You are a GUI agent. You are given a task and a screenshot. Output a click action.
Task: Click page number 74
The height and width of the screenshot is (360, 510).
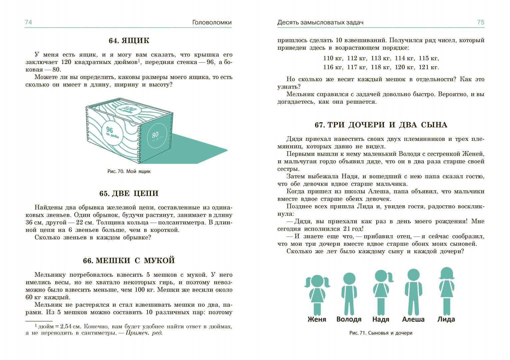(28, 22)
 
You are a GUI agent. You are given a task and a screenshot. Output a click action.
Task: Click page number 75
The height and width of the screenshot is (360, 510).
(480, 22)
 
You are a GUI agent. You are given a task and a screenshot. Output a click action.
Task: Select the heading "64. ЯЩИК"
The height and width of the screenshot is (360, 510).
(129, 41)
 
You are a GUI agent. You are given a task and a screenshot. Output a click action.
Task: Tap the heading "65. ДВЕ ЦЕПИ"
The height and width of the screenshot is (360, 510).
(129, 193)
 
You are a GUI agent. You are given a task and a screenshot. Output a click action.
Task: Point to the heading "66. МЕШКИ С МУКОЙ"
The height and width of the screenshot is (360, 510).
(129, 260)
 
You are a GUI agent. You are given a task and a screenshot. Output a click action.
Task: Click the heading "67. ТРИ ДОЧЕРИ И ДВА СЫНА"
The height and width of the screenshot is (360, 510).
(381, 125)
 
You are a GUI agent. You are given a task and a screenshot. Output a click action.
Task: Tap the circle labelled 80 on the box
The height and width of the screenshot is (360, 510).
(156, 135)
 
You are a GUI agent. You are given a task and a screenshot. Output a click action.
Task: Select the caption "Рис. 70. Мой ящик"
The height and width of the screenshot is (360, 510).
(129, 171)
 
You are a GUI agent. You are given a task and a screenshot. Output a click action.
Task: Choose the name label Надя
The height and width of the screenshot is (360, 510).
(381, 319)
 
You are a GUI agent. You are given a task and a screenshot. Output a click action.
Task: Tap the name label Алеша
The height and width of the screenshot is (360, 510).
(413, 319)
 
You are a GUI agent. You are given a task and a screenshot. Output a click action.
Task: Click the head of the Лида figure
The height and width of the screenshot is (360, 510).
(446, 273)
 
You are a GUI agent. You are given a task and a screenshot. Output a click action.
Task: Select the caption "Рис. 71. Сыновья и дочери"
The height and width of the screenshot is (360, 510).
(381, 333)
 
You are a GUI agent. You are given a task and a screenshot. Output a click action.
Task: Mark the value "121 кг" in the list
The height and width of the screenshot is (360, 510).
(429, 67)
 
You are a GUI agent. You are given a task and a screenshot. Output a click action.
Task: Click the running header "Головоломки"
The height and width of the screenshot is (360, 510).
(212, 23)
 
